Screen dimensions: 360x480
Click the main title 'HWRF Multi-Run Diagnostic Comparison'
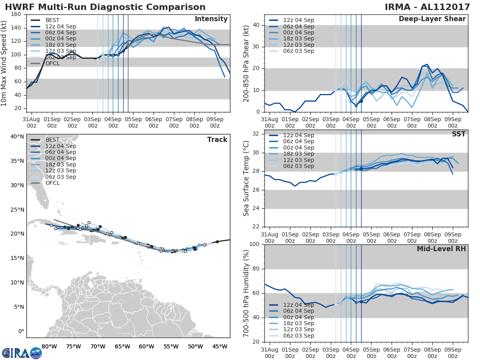pyautogui.click(x=105, y=7)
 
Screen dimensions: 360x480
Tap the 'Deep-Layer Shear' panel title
pyautogui.click(x=432, y=19)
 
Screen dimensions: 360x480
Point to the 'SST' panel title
pyautogui.click(x=459, y=134)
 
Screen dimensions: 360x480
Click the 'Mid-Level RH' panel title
pyautogui.click(x=441, y=249)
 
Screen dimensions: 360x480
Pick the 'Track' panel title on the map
pyautogui.click(x=217, y=140)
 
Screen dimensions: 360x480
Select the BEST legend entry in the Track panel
pyautogui.click(x=52, y=140)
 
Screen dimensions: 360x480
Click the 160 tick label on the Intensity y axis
pyautogui.click(x=16, y=14)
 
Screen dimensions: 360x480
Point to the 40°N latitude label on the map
pyautogui.click(x=17, y=136)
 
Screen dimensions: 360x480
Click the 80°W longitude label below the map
pyautogui.click(x=49, y=346)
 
